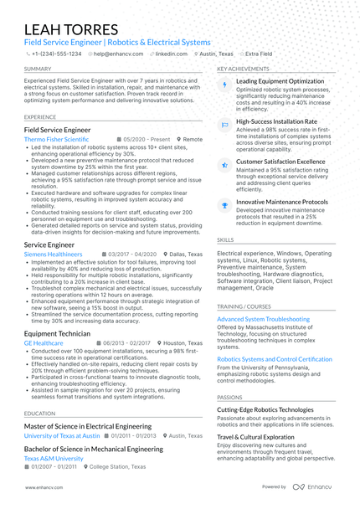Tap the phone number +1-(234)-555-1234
[x=55, y=53]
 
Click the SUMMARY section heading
[x=38, y=69]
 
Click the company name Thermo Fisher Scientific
[x=57, y=140]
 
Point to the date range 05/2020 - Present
[x=147, y=140]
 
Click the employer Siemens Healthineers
[x=54, y=254]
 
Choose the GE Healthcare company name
[x=44, y=343]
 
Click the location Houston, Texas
[x=184, y=343]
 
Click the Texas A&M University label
[x=54, y=459]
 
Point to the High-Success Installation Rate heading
[x=276, y=121]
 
